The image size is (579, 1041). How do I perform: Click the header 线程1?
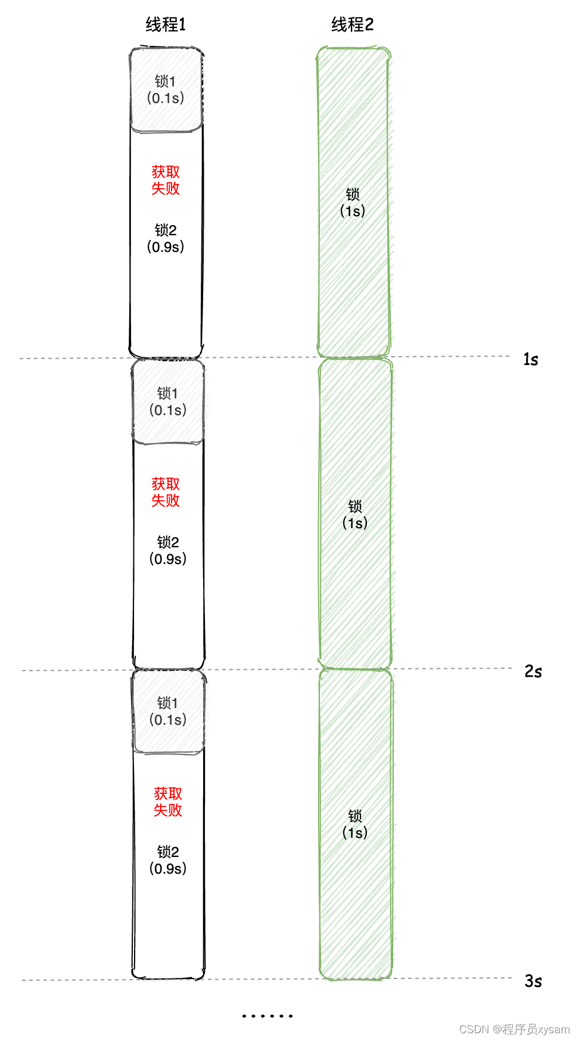(166, 24)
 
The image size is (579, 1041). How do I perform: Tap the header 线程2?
(352, 24)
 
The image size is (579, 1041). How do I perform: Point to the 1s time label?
(531, 359)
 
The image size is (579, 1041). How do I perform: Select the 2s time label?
(533, 671)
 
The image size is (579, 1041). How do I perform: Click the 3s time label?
(533, 981)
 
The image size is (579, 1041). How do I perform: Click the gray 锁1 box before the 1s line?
(166, 90)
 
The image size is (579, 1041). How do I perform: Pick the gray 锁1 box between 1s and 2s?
(168, 402)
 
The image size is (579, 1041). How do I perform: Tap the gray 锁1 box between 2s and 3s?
(169, 712)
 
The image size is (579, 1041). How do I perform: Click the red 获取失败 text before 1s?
(166, 180)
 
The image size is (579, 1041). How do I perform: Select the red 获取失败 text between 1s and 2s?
(166, 493)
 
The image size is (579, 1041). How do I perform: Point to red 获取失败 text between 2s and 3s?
(168, 802)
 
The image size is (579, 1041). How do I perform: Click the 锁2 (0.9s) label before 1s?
(166, 238)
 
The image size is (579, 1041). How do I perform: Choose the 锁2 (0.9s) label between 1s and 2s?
(168, 550)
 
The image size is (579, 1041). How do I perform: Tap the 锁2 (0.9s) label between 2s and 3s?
(168, 860)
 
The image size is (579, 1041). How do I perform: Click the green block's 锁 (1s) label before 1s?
(353, 202)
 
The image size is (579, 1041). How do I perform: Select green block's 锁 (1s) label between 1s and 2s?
(355, 515)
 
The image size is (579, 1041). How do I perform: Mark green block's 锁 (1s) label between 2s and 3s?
(355, 824)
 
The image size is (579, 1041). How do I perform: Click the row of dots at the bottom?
(267, 1015)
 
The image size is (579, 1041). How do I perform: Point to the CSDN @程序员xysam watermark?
(514, 1029)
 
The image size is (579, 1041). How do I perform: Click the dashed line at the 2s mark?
(268, 669)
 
